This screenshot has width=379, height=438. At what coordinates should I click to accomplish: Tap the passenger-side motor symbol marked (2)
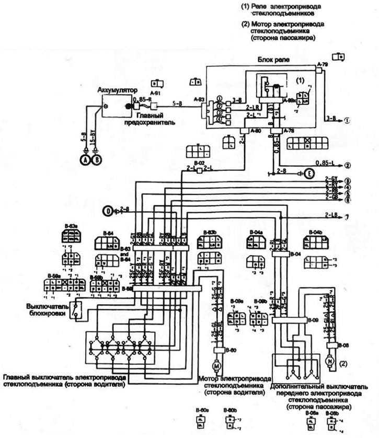(x=329, y=360)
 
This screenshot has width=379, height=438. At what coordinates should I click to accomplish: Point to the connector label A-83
(x=199, y=98)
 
